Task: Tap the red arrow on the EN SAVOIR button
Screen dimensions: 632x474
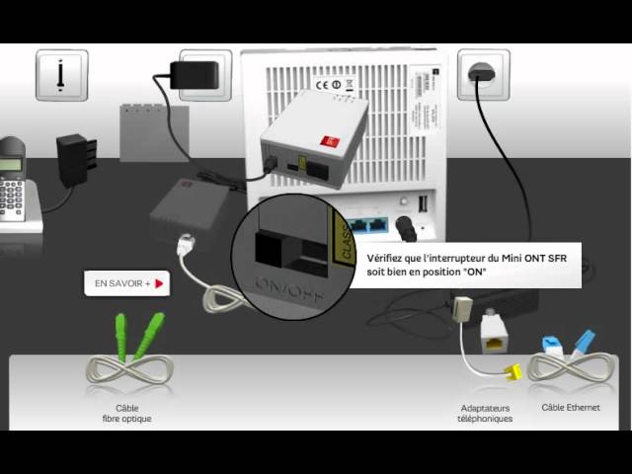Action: pyautogui.click(x=157, y=283)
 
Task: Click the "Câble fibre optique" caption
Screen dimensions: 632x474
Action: pyautogui.click(x=127, y=413)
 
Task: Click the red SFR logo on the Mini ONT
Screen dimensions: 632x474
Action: pyautogui.click(x=331, y=142)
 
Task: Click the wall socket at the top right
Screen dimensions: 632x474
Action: pyautogui.click(x=483, y=74)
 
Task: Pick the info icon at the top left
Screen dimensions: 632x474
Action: pyautogui.click(x=61, y=74)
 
